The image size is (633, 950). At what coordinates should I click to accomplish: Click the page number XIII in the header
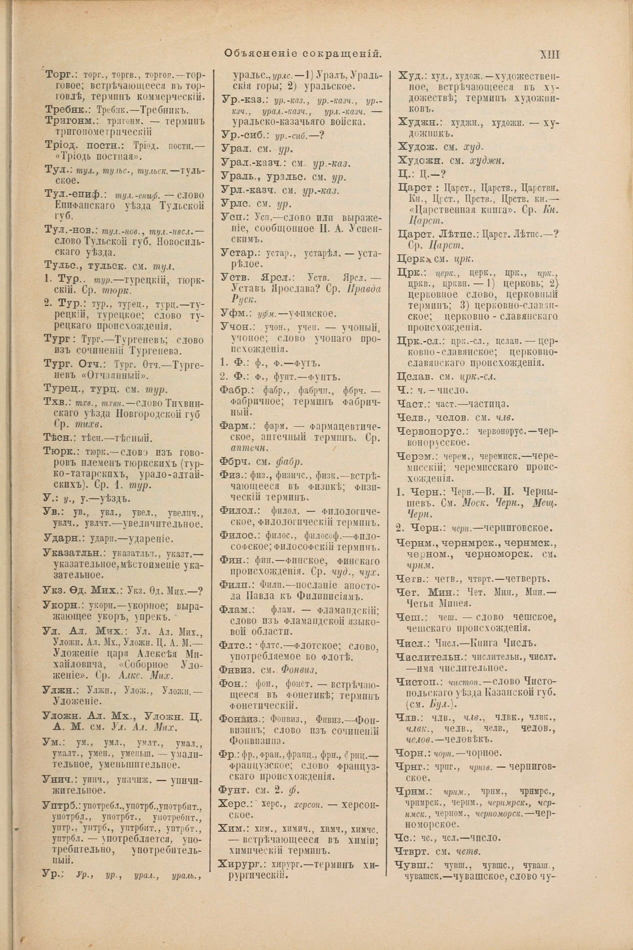tap(549, 54)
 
